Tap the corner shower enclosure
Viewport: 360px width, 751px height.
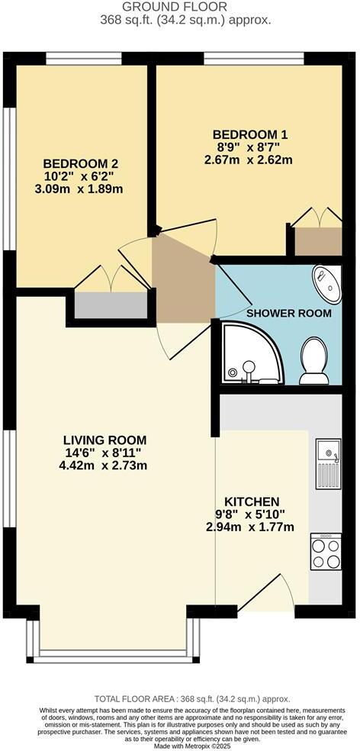[x=249, y=353]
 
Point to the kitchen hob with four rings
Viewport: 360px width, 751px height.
[x=326, y=553]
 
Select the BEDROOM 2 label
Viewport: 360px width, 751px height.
[x=80, y=163]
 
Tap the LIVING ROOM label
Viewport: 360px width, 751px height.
[x=104, y=440]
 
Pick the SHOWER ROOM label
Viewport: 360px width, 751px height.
[x=288, y=313]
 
